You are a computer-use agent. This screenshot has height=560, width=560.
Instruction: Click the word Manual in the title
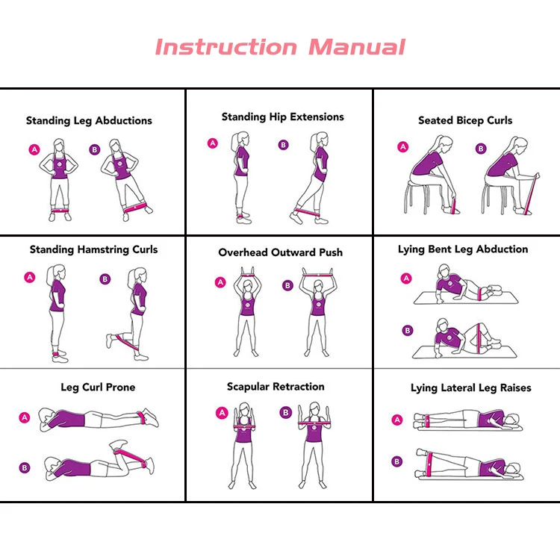(x=357, y=47)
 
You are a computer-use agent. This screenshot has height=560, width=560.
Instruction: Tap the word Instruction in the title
(x=225, y=47)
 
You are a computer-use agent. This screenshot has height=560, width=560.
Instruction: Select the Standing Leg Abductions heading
(x=89, y=121)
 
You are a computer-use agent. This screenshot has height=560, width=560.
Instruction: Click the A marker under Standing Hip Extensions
(x=213, y=143)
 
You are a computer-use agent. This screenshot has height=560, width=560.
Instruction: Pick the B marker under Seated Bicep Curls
(x=481, y=149)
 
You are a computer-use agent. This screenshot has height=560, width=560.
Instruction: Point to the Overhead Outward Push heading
(x=280, y=252)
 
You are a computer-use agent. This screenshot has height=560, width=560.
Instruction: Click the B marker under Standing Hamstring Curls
(x=105, y=279)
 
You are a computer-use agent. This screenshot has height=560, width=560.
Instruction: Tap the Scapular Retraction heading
(x=276, y=387)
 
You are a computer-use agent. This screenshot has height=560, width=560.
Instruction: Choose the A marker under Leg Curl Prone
(x=25, y=417)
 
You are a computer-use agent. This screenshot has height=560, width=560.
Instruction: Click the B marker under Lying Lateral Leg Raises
(x=396, y=461)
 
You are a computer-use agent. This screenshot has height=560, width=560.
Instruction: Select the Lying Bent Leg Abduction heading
(x=463, y=249)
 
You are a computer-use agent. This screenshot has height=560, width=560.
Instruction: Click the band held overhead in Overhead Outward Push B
(x=317, y=275)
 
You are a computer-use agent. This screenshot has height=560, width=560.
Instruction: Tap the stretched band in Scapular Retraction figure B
(x=314, y=423)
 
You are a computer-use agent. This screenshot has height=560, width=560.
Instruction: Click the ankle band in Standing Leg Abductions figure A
(x=60, y=211)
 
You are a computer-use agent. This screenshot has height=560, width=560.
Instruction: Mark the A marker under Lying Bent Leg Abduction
(x=406, y=279)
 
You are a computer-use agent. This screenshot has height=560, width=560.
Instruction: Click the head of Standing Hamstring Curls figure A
(x=57, y=275)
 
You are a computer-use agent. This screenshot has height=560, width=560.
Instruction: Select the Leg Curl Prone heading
(x=98, y=387)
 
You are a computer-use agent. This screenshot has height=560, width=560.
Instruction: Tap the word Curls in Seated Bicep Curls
(x=500, y=120)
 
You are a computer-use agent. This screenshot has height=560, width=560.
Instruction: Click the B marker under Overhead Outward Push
(x=287, y=285)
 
